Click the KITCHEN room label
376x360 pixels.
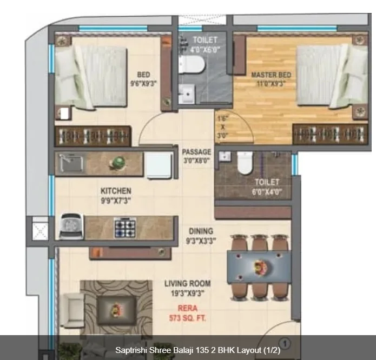(x=116, y=191)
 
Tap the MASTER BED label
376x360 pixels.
(x=271, y=75)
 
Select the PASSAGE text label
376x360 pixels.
(x=196, y=152)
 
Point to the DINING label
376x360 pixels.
(x=201, y=231)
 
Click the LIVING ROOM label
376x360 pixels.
(x=188, y=284)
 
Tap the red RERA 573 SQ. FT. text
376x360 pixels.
(x=188, y=313)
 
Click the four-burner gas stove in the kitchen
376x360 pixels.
(x=125, y=228)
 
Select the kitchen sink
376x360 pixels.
(x=71, y=163)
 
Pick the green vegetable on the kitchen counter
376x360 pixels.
(x=118, y=162)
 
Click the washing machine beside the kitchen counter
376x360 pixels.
(x=71, y=226)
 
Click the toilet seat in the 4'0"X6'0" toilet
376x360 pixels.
(x=192, y=65)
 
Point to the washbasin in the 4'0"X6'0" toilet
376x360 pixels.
(x=187, y=94)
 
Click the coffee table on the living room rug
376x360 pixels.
(x=116, y=310)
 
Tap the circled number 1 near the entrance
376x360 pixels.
(x=285, y=344)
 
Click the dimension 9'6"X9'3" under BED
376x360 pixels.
(x=143, y=84)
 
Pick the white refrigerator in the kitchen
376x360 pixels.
(x=159, y=165)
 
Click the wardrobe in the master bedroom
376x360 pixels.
(x=331, y=134)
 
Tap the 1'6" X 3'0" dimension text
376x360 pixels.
(x=223, y=127)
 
